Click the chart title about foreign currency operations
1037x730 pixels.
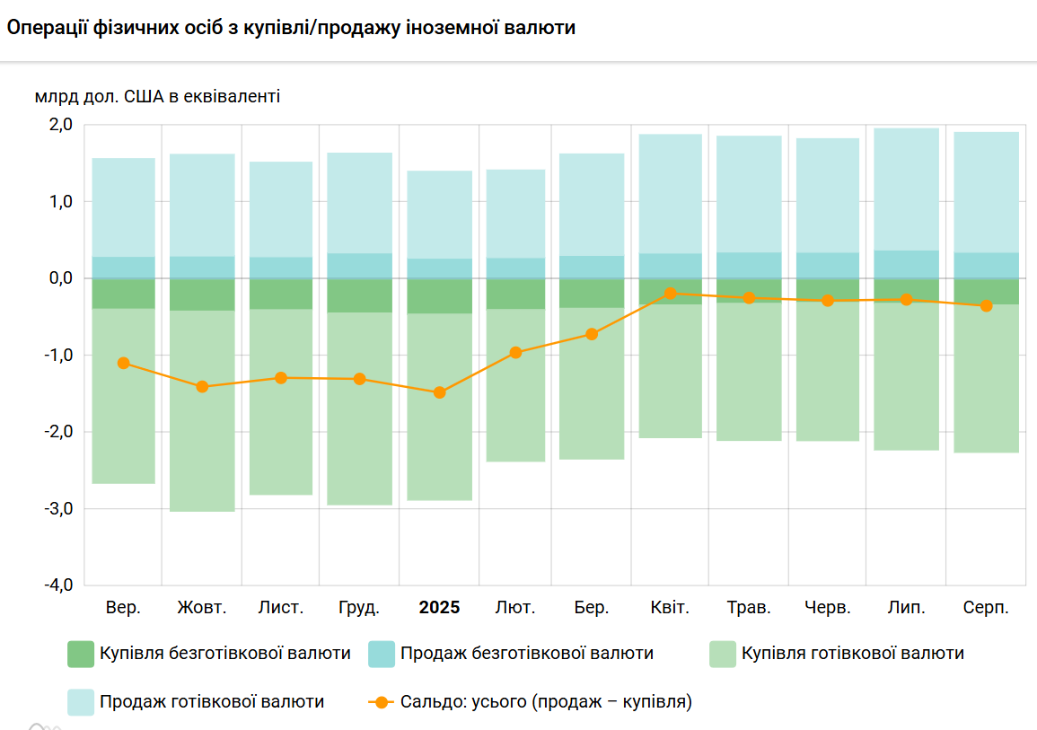pyautogui.click(x=291, y=28)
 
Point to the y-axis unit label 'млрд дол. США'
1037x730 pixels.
pyautogui.click(x=157, y=95)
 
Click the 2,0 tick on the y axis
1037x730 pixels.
pyautogui.click(x=60, y=125)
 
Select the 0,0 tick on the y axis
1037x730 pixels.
pyautogui.click(x=60, y=278)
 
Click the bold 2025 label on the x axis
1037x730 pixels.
pyautogui.click(x=439, y=608)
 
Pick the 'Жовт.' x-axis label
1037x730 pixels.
pyautogui.click(x=202, y=608)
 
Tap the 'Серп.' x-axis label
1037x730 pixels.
pyautogui.click(x=986, y=608)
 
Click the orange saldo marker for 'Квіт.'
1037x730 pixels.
pyautogui.click(x=670, y=294)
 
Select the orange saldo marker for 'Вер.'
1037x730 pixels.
pyautogui.click(x=124, y=363)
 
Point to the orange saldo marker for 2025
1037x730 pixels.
pyautogui.click(x=439, y=392)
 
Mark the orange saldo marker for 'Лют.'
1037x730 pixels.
pyautogui.click(x=515, y=353)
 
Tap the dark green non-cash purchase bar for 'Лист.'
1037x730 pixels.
pyautogui.click(x=281, y=294)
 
